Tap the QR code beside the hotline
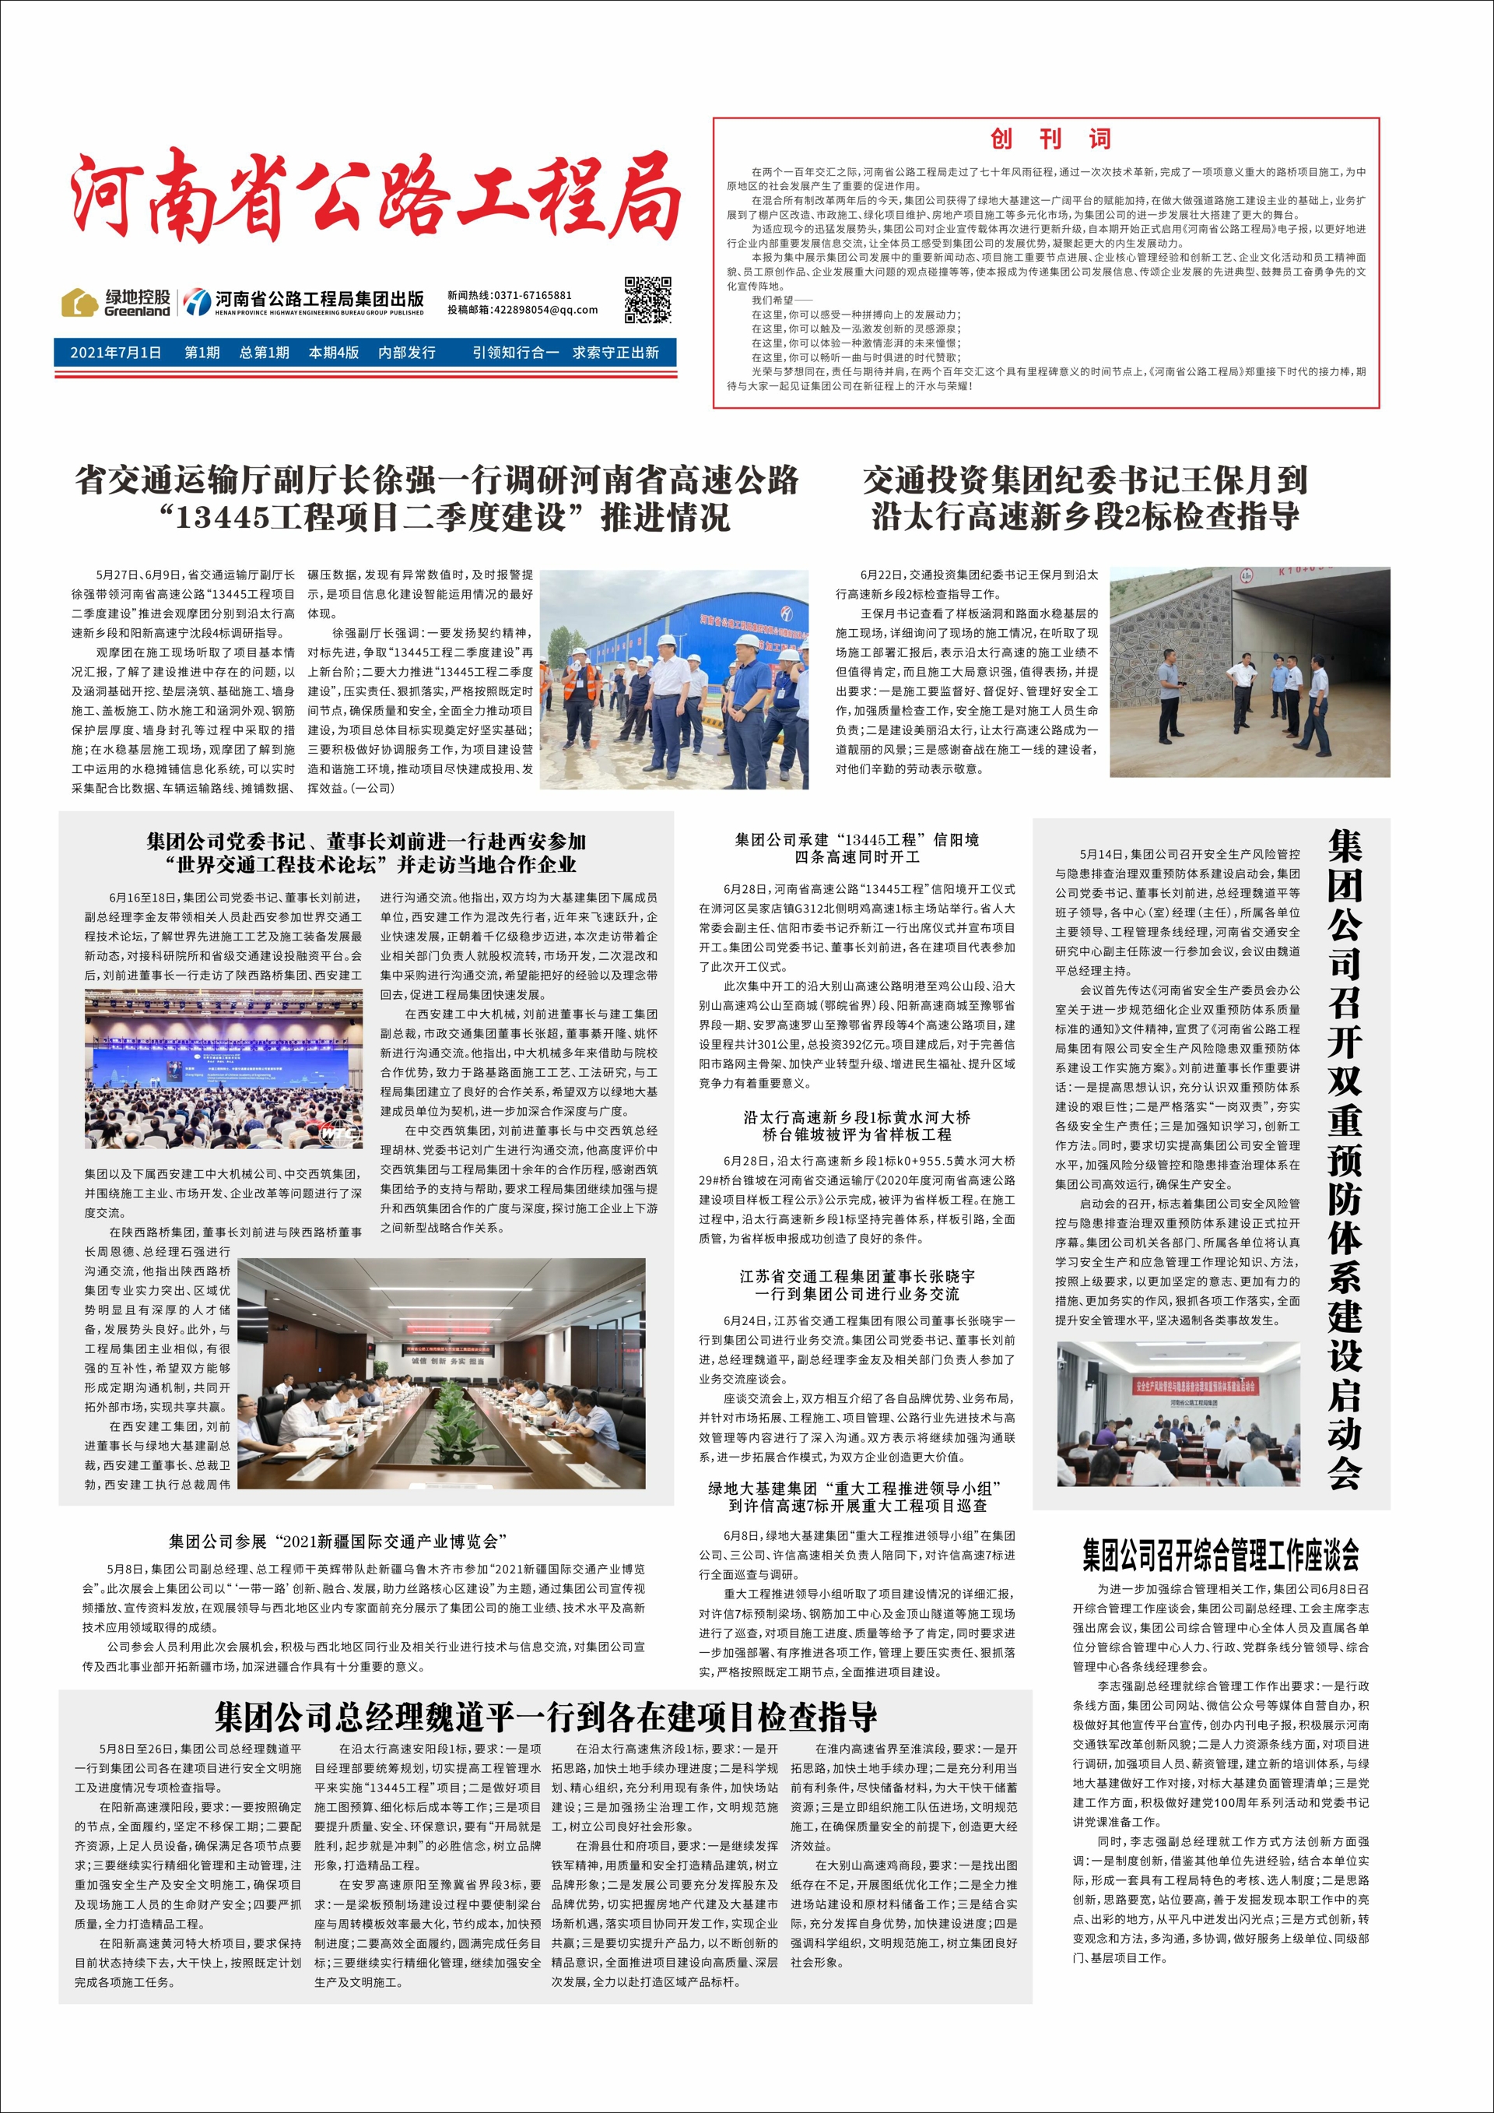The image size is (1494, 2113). coord(647,299)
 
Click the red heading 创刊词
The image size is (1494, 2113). coord(1050,139)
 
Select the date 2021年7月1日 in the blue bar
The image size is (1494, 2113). coord(115,353)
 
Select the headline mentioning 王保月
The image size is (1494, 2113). coord(1085,497)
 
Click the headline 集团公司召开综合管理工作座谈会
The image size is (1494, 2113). coord(1220,1556)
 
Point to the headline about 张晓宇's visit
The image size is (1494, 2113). coord(857,1285)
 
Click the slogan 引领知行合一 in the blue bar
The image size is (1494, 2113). coord(515,353)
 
